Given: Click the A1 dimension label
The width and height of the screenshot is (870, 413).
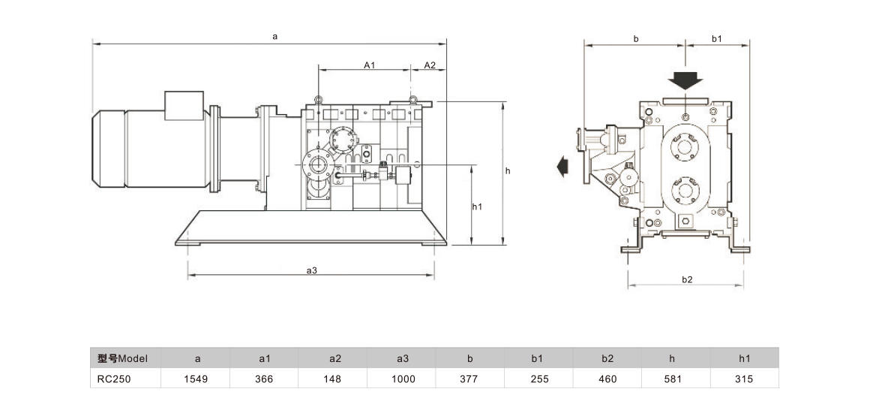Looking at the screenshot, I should click(369, 65).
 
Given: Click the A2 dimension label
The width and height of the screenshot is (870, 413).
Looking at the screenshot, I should click(430, 65).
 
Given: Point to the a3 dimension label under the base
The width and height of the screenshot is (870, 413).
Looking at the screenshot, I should click(311, 270).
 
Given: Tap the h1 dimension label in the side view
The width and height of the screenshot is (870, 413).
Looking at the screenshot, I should click(477, 206).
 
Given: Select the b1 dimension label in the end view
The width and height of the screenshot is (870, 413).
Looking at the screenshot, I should click(715, 38).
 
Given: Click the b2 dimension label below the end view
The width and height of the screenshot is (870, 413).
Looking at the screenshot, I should click(687, 279).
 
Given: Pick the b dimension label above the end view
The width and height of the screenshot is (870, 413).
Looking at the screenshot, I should click(636, 38).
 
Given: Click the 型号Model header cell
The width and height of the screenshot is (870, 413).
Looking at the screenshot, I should click(124, 358).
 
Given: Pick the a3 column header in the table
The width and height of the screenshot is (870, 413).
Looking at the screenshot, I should click(402, 358).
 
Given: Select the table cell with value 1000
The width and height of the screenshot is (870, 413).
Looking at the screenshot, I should click(402, 379).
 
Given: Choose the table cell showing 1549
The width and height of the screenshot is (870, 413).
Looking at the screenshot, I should click(196, 379).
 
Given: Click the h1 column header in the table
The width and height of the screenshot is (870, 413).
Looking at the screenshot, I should click(744, 358).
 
